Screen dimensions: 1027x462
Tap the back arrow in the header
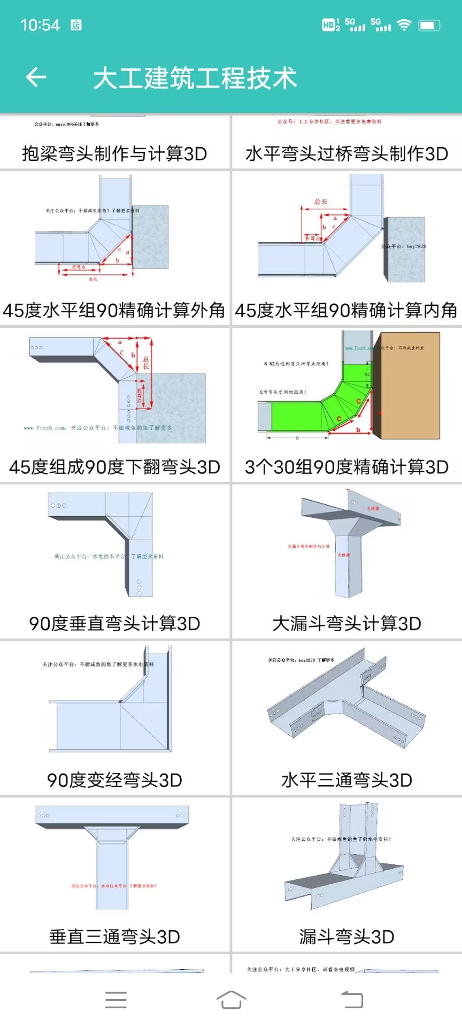(x=36, y=78)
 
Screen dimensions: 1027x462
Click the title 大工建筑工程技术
(x=195, y=78)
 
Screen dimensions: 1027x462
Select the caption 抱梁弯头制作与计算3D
(x=114, y=154)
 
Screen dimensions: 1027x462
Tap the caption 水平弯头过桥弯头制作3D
(x=346, y=154)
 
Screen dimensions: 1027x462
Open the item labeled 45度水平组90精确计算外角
(x=114, y=310)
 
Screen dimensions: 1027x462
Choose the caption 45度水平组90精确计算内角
(x=346, y=310)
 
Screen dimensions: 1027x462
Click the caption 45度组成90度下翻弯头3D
(x=114, y=467)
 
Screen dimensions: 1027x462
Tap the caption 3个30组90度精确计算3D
(x=346, y=467)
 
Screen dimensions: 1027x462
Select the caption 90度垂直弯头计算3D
(x=114, y=624)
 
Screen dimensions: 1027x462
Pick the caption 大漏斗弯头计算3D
(x=346, y=624)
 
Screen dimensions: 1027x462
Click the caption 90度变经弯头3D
(x=114, y=780)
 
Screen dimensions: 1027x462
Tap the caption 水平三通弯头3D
(x=346, y=780)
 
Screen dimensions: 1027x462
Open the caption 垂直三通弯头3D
(x=114, y=937)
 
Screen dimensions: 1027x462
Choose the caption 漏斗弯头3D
(x=346, y=937)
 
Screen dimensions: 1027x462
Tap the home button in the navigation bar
(x=231, y=999)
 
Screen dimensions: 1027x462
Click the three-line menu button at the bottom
(x=116, y=999)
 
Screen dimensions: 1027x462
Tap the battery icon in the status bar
(x=429, y=25)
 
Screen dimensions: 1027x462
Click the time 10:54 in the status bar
(x=40, y=25)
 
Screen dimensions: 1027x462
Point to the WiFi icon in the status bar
(x=404, y=25)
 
